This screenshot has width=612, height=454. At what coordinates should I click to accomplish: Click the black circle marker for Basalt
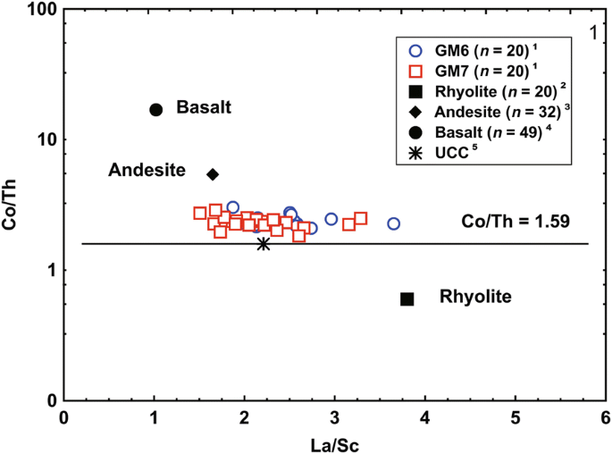(x=155, y=109)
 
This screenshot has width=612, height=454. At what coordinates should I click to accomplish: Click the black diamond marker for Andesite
(x=213, y=174)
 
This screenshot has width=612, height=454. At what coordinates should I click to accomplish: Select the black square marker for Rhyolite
(x=407, y=298)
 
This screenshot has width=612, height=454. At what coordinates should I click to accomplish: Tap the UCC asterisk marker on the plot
(x=264, y=243)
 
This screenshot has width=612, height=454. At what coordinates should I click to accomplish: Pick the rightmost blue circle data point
(x=393, y=223)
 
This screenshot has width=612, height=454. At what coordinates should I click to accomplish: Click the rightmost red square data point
(x=361, y=218)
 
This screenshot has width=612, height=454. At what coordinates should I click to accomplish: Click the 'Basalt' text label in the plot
(x=204, y=108)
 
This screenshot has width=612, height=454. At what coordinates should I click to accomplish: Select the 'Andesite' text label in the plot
(x=147, y=170)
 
